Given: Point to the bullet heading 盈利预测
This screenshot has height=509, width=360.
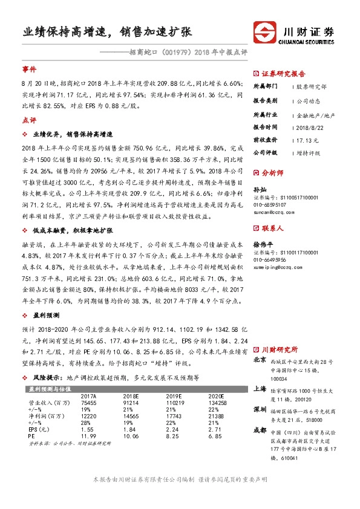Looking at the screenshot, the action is [x=47, y=316].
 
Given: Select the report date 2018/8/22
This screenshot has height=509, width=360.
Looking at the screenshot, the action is [x=310, y=127].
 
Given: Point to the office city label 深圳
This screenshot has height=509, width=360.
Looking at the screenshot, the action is [x=260, y=410].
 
